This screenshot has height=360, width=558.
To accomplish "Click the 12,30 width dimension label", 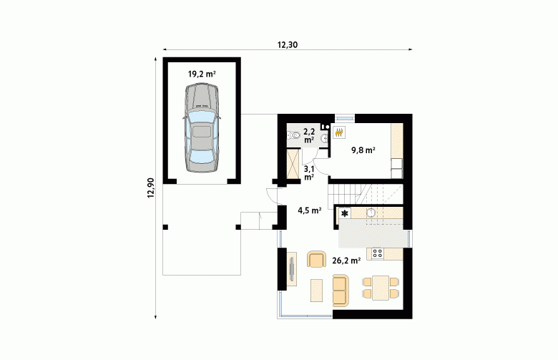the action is [x=287, y=45].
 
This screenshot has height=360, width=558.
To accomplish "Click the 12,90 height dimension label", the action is [x=151, y=188].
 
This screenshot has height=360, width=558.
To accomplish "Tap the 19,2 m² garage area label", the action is [x=202, y=74].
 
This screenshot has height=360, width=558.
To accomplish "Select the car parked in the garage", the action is [x=202, y=128].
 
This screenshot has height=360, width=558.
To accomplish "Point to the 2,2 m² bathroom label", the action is [x=309, y=136].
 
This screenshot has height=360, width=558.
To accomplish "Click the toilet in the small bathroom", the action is [x=293, y=136].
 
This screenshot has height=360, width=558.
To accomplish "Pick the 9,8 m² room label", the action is [x=363, y=150].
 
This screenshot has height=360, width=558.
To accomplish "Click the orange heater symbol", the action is [x=340, y=132].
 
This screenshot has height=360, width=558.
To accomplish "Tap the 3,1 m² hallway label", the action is [x=308, y=172].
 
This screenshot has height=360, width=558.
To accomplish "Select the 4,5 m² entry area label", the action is [x=310, y=210].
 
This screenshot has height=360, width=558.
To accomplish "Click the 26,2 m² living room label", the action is [x=346, y=261].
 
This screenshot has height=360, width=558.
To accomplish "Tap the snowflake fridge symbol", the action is [x=345, y=214].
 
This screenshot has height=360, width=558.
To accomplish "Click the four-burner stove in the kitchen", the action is [x=377, y=253].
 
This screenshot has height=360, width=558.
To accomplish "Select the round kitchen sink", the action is [x=371, y=213].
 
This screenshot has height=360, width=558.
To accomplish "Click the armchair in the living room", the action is [x=316, y=259].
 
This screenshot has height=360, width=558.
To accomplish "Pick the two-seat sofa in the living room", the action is [x=341, y=291].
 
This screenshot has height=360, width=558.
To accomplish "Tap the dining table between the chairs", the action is [x=381, y=288].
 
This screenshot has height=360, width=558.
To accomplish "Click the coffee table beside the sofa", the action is [x=316, y=291].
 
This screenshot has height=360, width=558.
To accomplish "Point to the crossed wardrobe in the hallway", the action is [x=293, y=164].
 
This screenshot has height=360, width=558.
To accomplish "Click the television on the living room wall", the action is [x=292, y=269].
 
